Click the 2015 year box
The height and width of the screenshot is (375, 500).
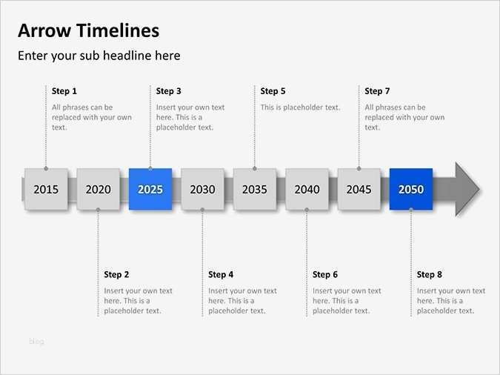[46, 189]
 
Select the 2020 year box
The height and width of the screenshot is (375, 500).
[98, 189]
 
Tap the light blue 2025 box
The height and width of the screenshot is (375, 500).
[150, 189]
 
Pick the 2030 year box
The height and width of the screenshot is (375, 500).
[202, 189]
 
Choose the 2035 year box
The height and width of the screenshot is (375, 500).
[255, 189]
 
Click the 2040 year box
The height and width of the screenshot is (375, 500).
[307, 189]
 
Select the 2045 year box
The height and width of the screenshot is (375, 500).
[359, 189]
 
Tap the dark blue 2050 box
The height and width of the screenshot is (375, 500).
[411, 189]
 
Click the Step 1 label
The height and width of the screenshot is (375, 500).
[64, 91]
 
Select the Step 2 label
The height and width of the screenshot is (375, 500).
[116, 275]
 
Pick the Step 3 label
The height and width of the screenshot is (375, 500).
[169, 91]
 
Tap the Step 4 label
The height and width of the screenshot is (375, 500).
[221, 275]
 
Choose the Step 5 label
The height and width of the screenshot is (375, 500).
[273, 91]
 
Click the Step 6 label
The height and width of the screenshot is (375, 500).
[325, 275]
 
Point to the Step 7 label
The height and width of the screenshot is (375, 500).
[377, 91]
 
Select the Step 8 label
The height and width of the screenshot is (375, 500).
[430, 275]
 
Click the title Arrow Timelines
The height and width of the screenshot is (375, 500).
[88, 31]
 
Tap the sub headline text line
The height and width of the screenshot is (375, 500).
[99, 56]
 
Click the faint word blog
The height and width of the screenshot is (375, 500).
[36, 342]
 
